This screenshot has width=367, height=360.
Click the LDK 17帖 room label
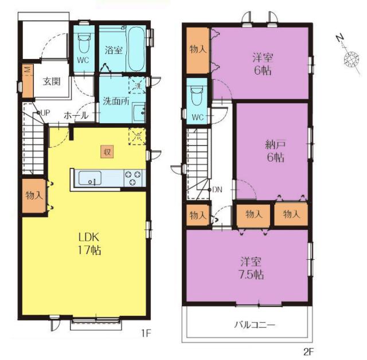(89, 244)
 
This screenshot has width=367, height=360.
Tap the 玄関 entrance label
(52, 81)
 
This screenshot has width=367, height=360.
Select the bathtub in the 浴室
(136, 49)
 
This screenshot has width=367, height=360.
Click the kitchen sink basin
(90, 178)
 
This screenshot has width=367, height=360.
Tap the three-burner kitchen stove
(133, 178)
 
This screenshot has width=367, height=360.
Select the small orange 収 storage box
(107, 152)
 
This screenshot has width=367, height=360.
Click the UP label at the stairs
(45, 113)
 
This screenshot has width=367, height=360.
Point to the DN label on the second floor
(217, 190)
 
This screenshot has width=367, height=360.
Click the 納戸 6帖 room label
(275, 151)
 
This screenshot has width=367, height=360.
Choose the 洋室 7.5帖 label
(251, 268)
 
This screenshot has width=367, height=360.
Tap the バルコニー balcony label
(255, 324)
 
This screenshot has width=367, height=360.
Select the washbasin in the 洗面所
(139, 113)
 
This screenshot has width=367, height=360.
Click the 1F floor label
(147, 333)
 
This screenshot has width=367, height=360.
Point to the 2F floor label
(309, 351)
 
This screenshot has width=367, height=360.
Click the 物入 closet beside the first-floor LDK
(34, 195)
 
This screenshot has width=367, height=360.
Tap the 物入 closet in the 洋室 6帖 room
(198, 50)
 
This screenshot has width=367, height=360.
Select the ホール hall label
(76, 115)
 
